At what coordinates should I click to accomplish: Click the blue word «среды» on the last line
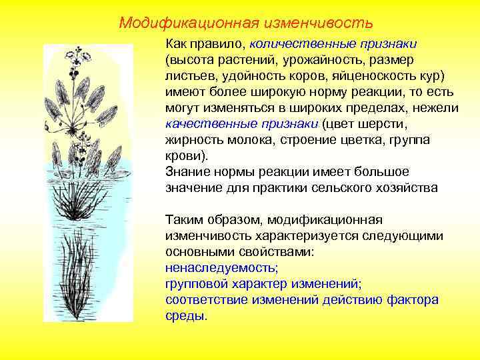184,315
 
